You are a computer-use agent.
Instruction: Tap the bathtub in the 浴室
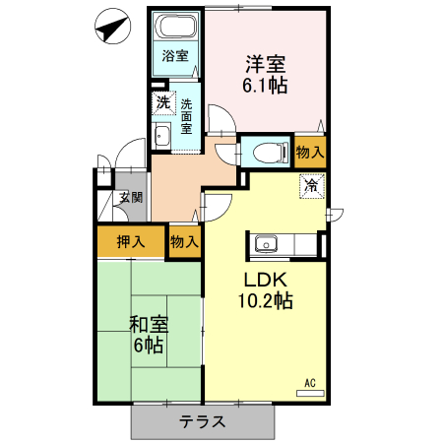(x=175, y=28)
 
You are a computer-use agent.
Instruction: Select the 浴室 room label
(x=175, y=56)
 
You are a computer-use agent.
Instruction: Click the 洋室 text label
(x=265, y=65)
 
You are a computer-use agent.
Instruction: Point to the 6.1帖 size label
(x=265, y=86)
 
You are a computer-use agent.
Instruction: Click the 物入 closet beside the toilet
(x=309, y=153)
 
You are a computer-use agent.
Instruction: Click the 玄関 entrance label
(x=130, y=197)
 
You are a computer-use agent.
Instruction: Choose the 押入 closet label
(x=131, y=241)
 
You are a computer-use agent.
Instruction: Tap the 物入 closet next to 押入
(x=184, y=241)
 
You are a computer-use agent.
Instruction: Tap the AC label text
(x=308, y=382)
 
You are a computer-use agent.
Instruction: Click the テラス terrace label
(x=203, y=422)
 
